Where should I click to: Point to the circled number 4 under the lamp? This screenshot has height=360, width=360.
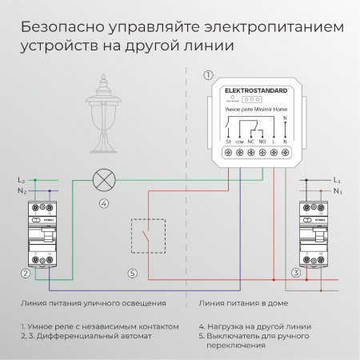pyautogui.click(x=103, y=204)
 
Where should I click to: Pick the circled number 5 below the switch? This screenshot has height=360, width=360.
pyautogui.click(x=132, y=274)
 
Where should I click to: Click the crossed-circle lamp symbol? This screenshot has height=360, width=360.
pyautogui.click(x=103, y=180)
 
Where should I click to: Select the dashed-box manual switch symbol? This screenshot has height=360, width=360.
pyautogui.click(x=147, y=237)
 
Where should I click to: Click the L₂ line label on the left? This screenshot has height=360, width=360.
pyautogui.click(x=22, y=181)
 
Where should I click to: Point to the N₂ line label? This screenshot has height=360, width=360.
pyautogui.click(x=22, y=192)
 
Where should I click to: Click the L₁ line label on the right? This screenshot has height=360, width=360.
pyautogui.click(x=338, y=181)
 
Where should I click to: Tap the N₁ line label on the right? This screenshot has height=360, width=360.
pyautogui.click(x=338, y=192)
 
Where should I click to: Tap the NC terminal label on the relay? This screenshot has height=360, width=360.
pyautogui.click(x=250, y=141)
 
